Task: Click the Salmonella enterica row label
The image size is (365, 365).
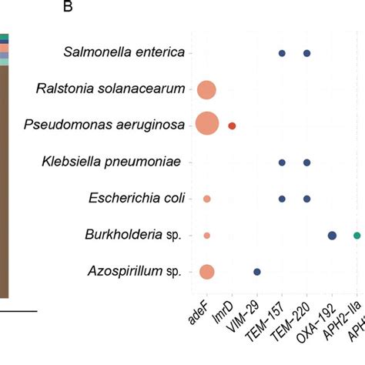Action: point(124,52)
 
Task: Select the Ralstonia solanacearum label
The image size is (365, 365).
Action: point(110,89)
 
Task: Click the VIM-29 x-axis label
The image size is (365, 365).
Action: point(246,316)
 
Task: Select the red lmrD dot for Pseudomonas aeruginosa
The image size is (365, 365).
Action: point(232,126)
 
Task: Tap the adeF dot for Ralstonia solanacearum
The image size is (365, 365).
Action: point(206,89)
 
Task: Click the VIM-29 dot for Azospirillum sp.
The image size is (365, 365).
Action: point(257,272)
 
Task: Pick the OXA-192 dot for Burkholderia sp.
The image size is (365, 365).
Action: point(332,236)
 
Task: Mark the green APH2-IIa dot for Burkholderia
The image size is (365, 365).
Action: point(357,236)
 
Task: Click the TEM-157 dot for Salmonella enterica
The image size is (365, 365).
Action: point(282,53)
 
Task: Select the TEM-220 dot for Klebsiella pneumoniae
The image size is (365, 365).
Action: point(307,162)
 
